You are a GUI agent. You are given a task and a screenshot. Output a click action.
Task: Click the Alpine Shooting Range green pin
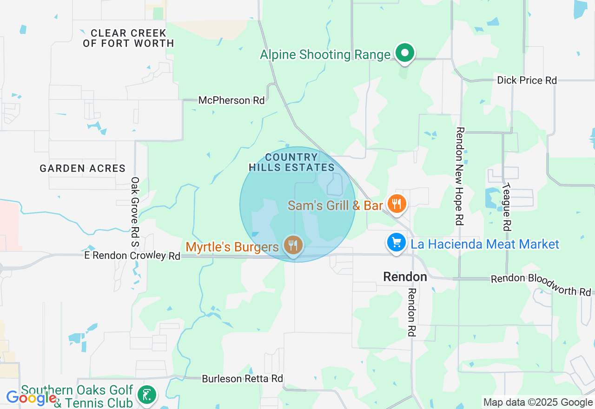coord(405,53)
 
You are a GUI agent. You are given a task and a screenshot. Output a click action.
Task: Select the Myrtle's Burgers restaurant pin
coord(293,245)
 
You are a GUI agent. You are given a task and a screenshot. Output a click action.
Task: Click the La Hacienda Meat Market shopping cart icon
coord(397,243)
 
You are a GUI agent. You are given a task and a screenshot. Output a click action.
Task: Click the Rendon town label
coord(405,277)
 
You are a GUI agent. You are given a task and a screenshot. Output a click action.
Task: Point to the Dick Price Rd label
coord(527,80)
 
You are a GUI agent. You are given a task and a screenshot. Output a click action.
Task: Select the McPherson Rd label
coord(231,100)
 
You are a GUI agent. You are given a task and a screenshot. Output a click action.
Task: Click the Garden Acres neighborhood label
coord(82,168)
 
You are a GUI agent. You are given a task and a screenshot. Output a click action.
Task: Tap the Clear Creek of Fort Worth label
coord(128,38)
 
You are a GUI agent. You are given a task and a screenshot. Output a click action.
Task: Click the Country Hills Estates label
coord(291,162)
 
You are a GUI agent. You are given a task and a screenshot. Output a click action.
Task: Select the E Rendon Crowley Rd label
coord(132,256)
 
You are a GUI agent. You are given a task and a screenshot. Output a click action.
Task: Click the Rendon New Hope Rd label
coord(460,176)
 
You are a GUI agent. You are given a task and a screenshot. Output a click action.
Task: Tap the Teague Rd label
coord(506,206)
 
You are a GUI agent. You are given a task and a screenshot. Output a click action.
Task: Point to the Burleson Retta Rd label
coord(242,379)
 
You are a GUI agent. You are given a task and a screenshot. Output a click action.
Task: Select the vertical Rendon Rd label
coord(412,312)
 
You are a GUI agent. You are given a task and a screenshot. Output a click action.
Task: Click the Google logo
coord(31,398)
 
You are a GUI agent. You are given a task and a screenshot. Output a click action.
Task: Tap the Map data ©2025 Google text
coord(538,402)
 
